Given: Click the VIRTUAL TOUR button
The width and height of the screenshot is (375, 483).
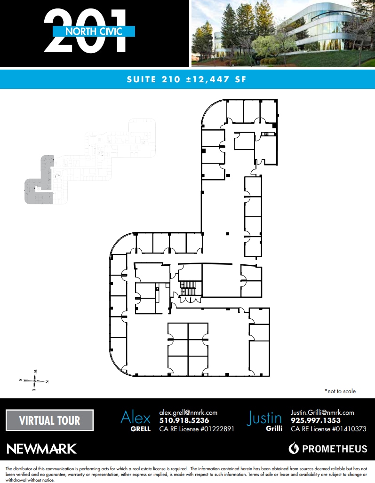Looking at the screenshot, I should coord(49,420).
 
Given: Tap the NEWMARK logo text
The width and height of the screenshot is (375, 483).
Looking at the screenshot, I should coord(42,449).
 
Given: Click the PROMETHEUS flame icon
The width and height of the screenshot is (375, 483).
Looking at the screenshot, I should coord(294,448).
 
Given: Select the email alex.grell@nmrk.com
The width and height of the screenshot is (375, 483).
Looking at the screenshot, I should coord(188,412).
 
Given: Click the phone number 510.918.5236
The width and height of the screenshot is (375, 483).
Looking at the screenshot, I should coord(184,420).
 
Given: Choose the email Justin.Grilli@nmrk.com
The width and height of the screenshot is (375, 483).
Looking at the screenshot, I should coord(322,412).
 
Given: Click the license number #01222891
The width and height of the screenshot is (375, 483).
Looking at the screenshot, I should coord(214,429).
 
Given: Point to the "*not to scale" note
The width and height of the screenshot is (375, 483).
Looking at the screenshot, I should coord(340,391).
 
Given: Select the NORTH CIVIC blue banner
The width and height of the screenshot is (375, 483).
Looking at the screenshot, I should coord(94,32).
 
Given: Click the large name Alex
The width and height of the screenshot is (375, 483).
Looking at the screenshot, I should coord(136,418).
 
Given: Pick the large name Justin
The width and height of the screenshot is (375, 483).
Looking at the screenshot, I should coord(264,418).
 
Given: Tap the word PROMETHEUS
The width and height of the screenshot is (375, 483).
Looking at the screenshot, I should coord(334,449).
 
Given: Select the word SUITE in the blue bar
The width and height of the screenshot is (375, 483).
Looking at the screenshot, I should coord(141,79).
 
